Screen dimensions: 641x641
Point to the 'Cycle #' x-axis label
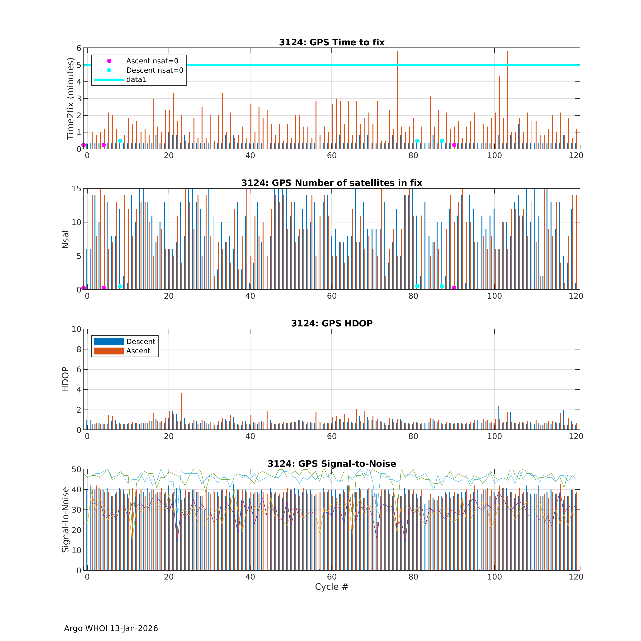331,587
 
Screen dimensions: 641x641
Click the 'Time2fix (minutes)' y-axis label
70,99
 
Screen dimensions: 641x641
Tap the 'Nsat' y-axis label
65,239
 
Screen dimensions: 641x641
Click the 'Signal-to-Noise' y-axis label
65,520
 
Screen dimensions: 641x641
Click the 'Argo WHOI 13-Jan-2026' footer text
111,628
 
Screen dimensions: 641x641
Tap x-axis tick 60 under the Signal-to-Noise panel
331,577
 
